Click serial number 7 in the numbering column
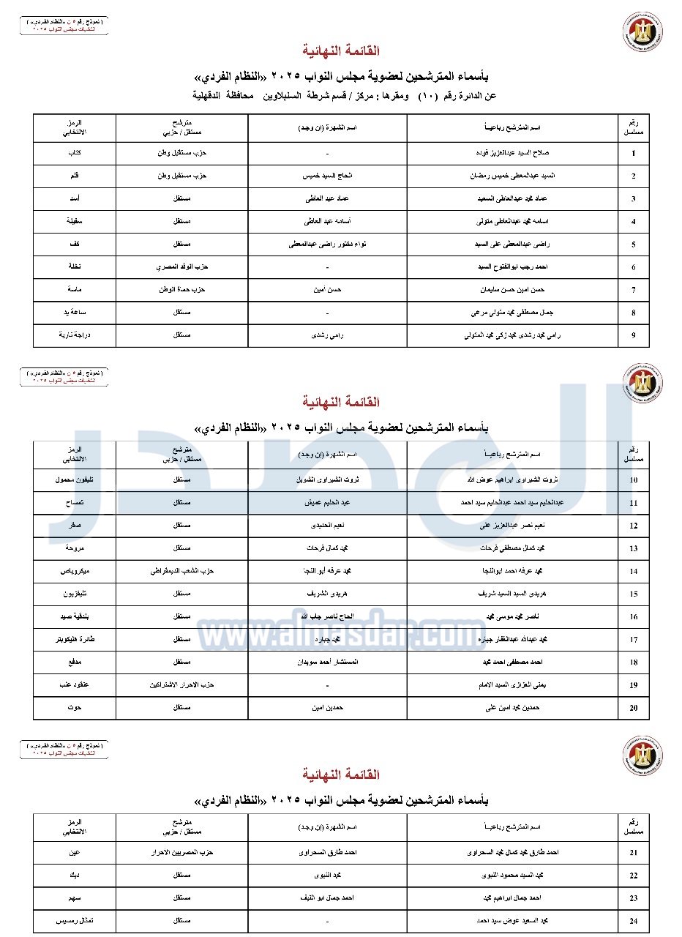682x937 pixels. pos(633,290)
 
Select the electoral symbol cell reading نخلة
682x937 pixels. pos(74,267)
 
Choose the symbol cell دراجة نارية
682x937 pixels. pos(74,335)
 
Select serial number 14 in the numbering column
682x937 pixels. pos(633,571)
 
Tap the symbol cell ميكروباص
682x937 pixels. pos(74,570)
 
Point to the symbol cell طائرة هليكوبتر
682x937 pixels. pos(74,639)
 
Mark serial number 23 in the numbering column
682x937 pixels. pos(633,898)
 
